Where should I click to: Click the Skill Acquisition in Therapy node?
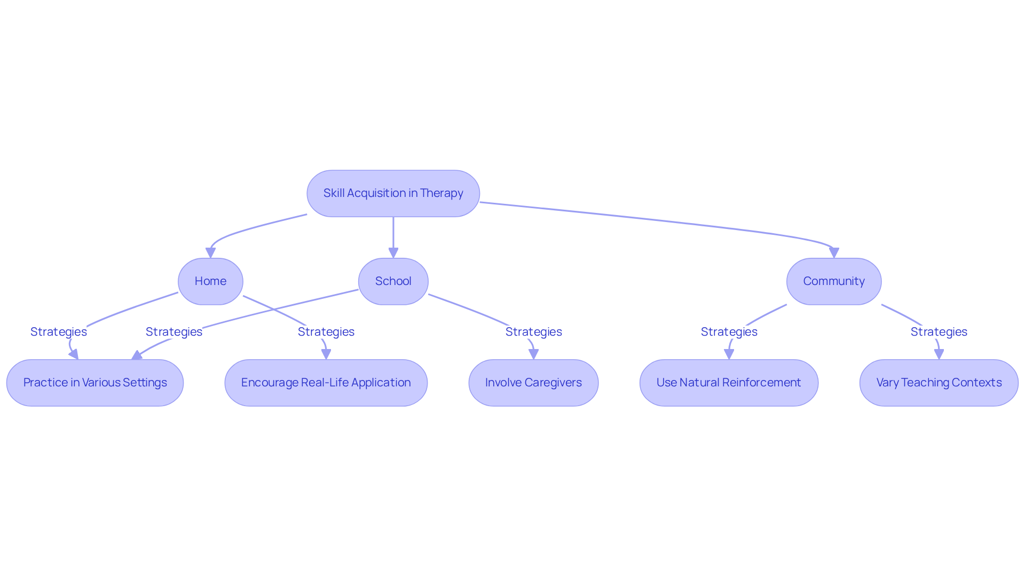pyautogui.click(x=393, y=193)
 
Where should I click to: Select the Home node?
pyautogui.click(x=210, y=281)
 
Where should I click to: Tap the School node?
pyautogui.click(x=393, y=281)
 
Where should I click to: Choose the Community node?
pyautogui.click(x=833, y=281)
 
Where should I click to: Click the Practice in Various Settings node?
pyautogui.click(x=95, y=383)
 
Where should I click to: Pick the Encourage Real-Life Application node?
pyautogui.click(x=326, y=383)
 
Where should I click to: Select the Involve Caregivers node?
pyautogui.click(x=533, y=383)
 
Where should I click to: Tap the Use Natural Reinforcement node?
pyautogui.click(x=729, y=383)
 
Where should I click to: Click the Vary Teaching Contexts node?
pyautogui.click(x=939, y=383)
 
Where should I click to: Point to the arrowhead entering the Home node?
pyautogui.click(x=211, y=253)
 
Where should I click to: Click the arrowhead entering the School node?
pyautogui.click(x=393, y=253)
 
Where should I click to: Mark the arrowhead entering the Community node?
pyautogui.click(x=834, y=252)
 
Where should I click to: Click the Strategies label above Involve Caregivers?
pyautogui.click(x=533, y=332)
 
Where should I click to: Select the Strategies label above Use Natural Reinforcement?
pyautogui.click(x=729, y=332)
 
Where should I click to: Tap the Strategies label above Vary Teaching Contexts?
pyautogui.click(x=939, y=332)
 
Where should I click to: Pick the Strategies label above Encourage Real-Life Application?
pyautogui.click(x=326, y=332)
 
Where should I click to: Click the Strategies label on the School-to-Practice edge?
pyautogui.click(x=174, y=332)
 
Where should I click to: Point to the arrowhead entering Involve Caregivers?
pyautogui.click(x=533, y=354)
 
